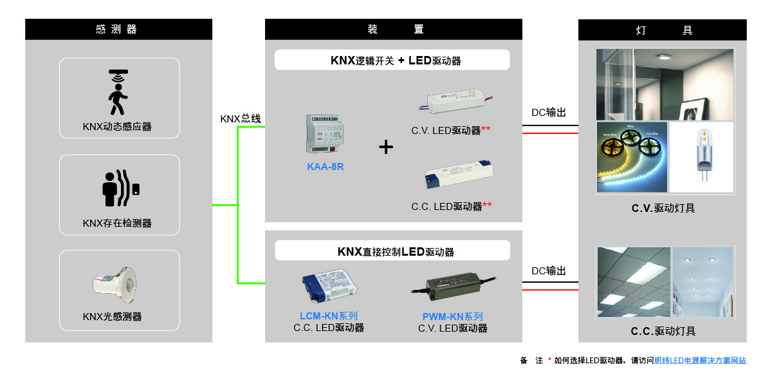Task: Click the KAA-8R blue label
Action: point(326,167)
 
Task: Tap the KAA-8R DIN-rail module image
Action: point(326,133)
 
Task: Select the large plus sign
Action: point(386,147)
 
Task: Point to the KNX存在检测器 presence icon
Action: point(120,188)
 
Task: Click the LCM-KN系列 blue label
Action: point(329,316)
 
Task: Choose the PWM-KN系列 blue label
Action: point(453,317)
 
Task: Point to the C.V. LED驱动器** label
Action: point(451,130)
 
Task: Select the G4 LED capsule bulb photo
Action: point(703,157)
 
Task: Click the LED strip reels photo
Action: point(632,156)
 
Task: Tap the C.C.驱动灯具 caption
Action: point(663,331)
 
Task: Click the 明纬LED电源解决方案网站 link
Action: point(700,361)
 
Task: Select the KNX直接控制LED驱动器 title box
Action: point(392,251)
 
